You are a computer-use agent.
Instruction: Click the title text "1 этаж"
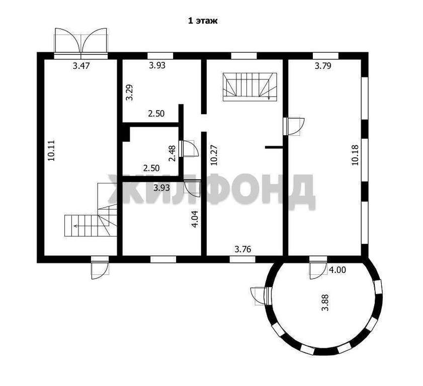(x=203, y=21)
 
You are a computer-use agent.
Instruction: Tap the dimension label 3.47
(x=81, y=66)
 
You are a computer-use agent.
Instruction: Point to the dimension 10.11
(x=51, y=150)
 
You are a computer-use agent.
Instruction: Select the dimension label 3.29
(x=130, y=92)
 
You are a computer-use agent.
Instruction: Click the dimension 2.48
(x=172, y=153)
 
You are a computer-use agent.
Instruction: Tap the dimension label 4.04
(x=195, y=219)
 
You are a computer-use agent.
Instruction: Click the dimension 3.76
(x=243, y=249)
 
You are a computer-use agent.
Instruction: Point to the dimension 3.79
(x=323, y=66)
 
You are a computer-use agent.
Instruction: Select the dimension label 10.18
(x=355, y=155)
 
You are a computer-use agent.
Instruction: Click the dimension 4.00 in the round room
(x=338, y=270)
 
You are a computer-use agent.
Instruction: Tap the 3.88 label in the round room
(x=326, y=303)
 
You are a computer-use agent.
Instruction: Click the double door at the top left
(x=81, y=43)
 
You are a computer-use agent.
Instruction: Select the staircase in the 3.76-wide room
(x=250, y=87)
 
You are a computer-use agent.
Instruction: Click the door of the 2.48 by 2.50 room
(x=190, y=148)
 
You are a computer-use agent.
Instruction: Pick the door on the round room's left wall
(x=261, y=296)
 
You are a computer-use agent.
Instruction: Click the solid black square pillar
(x=126, y=134)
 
